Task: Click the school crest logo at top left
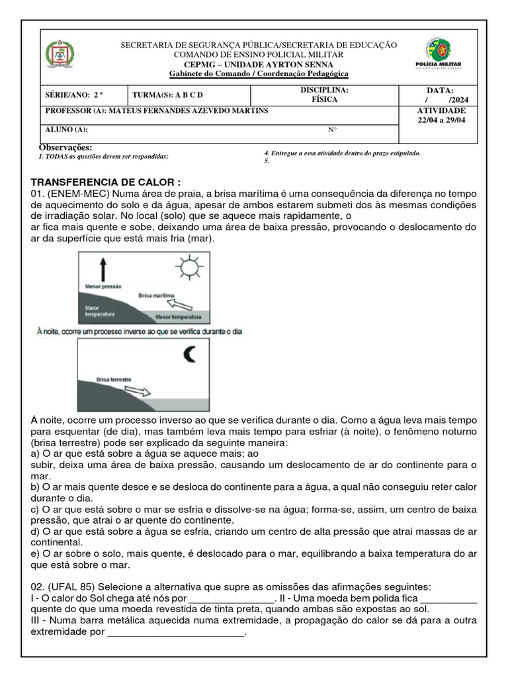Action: [x=60, y=54]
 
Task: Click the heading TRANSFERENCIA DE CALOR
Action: [x=106, y=182]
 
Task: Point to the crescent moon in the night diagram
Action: [x=190, y=355]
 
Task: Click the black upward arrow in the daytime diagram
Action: [x=103, y=270]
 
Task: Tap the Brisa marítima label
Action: [x=156, y=296]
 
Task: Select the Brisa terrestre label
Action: [x=114, y=380]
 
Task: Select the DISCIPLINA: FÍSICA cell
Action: [x=324, y=95]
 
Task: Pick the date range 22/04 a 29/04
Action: [x=441, y=120]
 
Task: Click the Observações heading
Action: [x=65, y=147]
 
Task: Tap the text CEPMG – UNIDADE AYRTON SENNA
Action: [x=258, y=64]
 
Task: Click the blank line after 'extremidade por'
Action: [x=175, y=633]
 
